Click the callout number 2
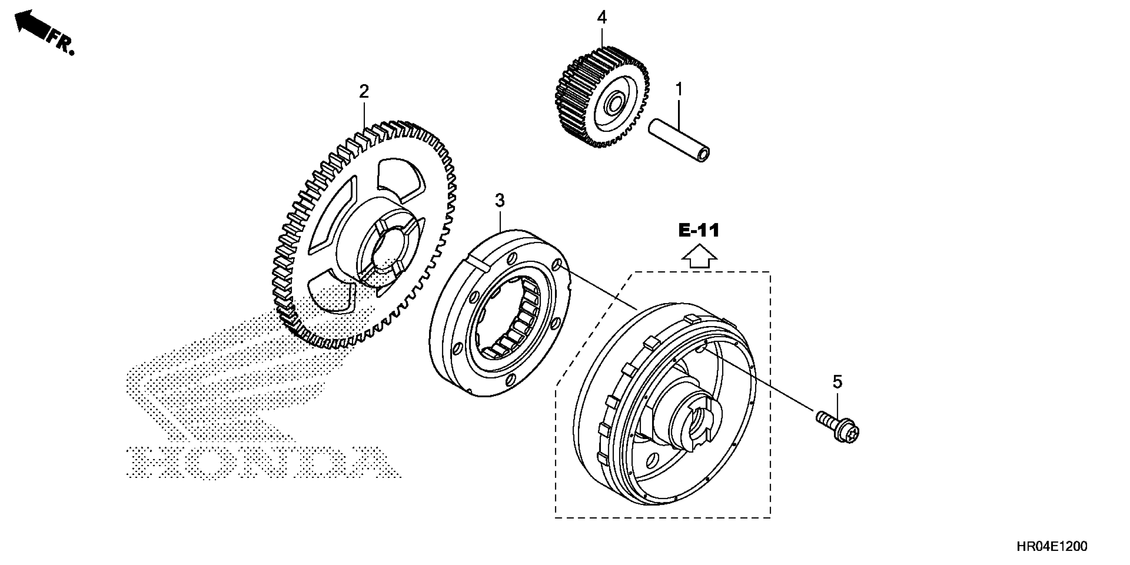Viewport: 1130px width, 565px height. (364, 92)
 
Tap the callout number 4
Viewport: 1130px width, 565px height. (602, 18)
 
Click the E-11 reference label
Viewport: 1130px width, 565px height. (699, 230)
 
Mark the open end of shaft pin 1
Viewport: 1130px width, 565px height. (704, 156)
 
